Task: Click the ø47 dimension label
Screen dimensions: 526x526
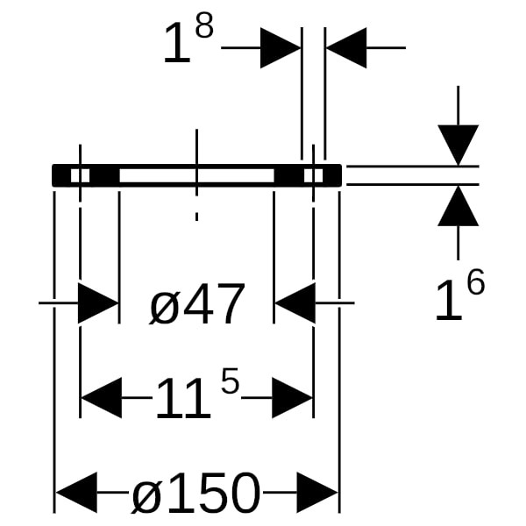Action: (197, 304)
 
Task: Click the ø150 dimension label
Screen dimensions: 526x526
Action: (195, 493)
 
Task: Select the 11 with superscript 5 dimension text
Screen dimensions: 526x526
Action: (197, 394)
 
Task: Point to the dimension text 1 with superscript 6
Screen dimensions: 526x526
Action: (460, 295)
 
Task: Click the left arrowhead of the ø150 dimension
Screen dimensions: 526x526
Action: (76, 493)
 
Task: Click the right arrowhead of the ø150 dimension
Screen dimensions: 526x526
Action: (317, 493)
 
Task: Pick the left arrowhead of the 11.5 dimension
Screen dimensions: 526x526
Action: (102, 398)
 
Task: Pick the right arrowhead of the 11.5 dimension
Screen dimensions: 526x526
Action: (292, 398)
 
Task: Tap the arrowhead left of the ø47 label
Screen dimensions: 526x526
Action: (98, 303)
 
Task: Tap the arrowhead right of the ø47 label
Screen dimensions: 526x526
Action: (295, 303)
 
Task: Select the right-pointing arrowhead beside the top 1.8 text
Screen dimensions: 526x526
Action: (281, 48)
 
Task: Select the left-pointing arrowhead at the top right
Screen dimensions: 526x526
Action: (346, 48)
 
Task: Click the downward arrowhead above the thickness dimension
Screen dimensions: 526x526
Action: (458, 146)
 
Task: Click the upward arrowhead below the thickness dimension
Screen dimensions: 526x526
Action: (458, 206)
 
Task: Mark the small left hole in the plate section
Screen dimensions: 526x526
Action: (80, 175)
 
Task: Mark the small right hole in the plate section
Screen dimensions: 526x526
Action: (313, 175)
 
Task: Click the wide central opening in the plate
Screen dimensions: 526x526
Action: (197, 175)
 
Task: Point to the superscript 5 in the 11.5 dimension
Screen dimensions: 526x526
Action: (230, 380)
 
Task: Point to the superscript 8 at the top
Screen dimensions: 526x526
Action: (204, 26)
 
